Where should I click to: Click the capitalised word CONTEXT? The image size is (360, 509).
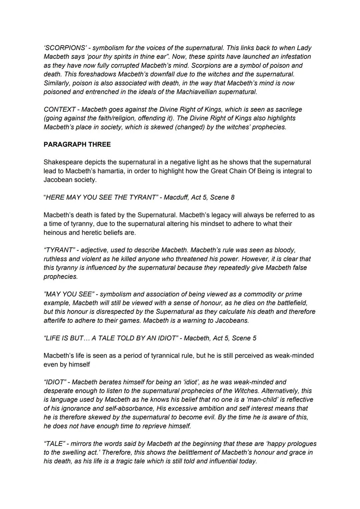(60, 109)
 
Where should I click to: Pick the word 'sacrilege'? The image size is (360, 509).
(289, 109)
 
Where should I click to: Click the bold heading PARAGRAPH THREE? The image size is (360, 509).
(77, 144)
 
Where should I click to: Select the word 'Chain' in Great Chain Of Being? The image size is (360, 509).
(238, 171)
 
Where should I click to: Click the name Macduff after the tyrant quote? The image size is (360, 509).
(176, 197)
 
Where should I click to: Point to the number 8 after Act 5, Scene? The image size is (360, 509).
(232, 197)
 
